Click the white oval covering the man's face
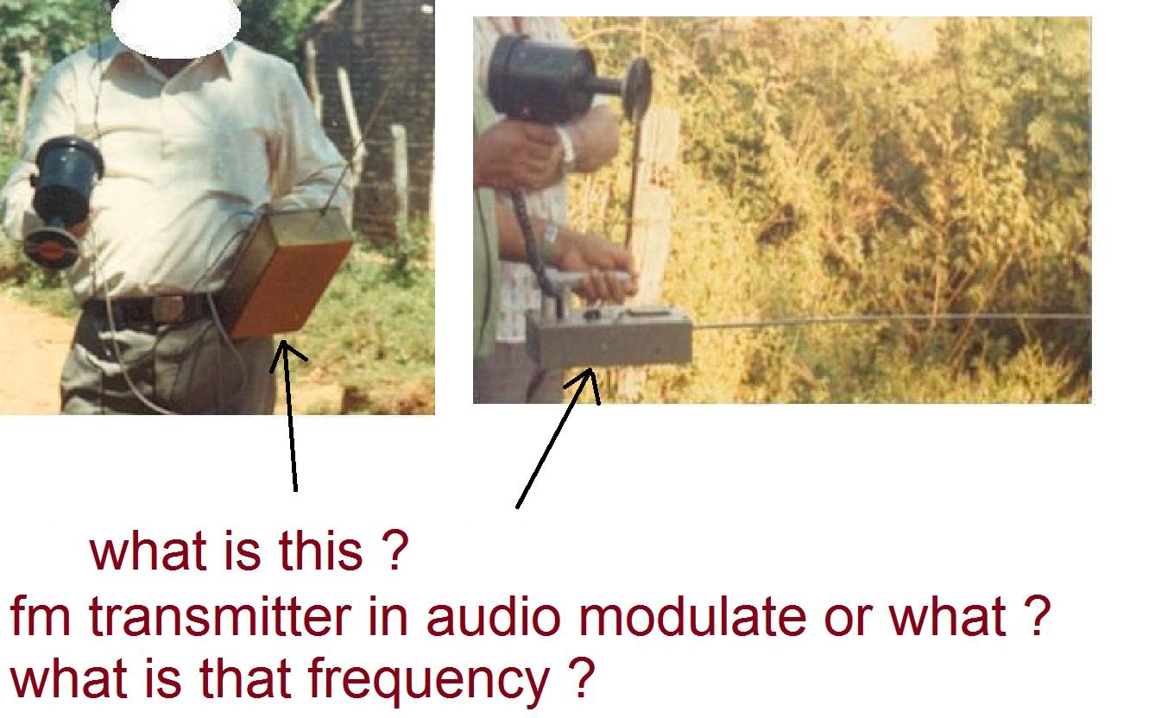tap(176, 23)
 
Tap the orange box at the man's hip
tap(287, 273)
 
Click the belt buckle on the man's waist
tap(167, 309)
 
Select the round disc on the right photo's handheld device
tap(637, 89)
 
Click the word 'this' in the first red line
tap(321, 551)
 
